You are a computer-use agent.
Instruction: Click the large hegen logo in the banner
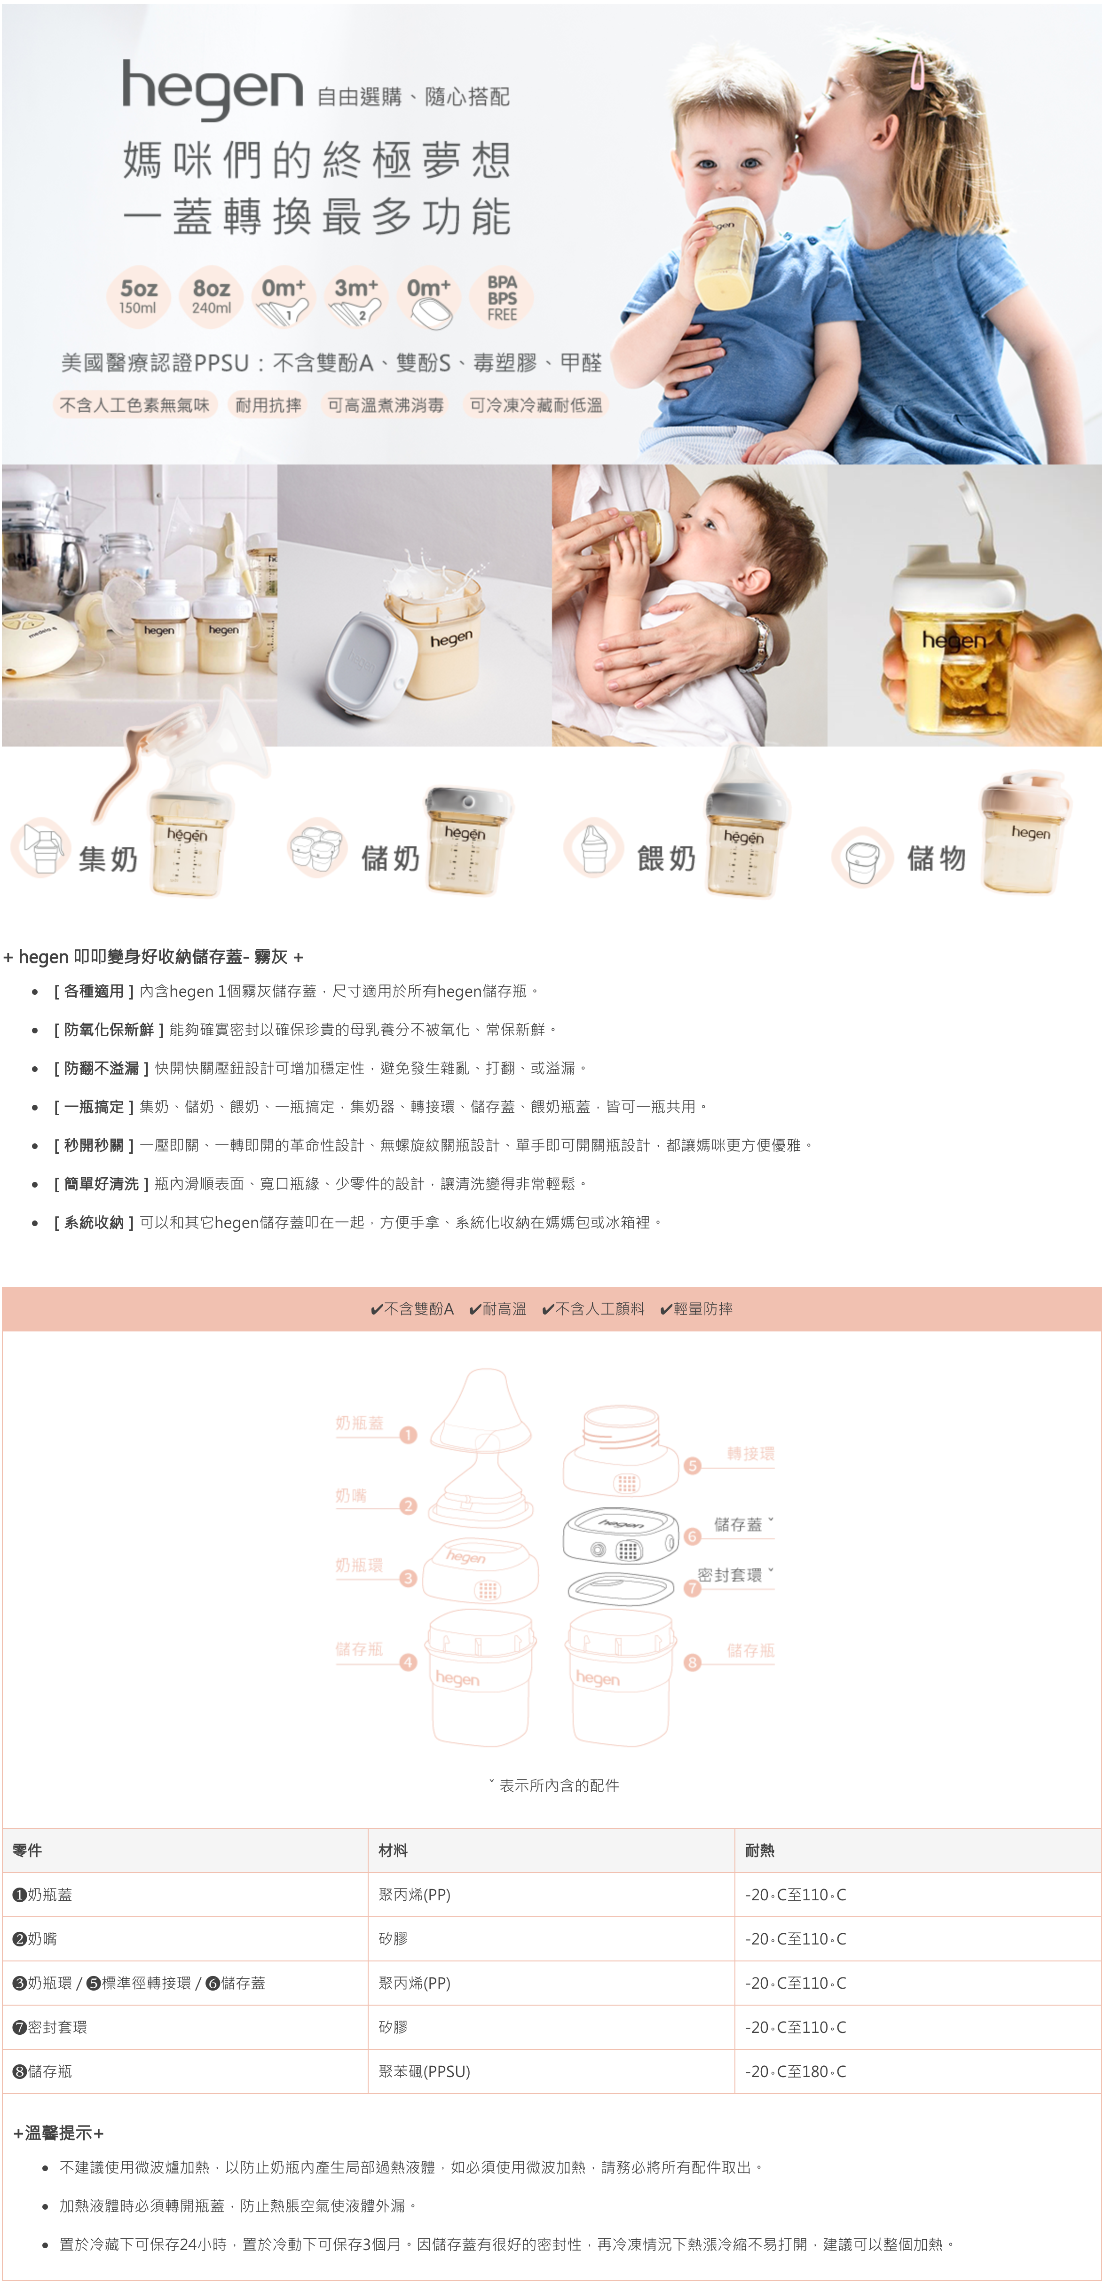coord(213,89)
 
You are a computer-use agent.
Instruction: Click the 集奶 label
coord(108,858)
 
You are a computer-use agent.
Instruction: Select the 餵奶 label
coord(666,858)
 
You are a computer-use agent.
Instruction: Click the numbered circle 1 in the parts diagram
coord(409,1435)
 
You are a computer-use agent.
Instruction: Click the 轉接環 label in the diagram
coord(750,1454)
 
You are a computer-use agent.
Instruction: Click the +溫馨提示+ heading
coord(58,2133)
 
